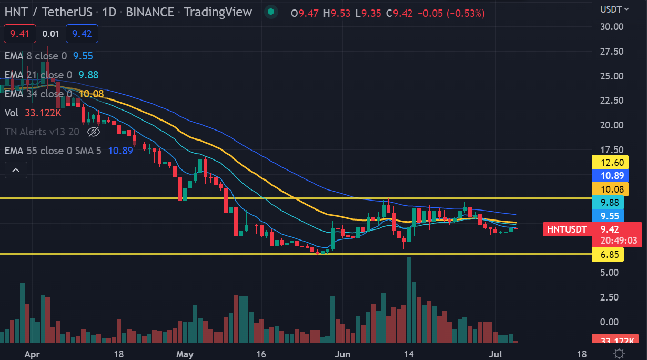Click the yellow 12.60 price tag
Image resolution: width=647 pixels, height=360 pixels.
pos(608,162)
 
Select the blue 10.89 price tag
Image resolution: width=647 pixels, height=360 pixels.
pos(608,176)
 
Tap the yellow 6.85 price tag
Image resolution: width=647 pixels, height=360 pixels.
pos(608,255)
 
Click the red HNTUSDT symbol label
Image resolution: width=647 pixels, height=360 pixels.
pos(566,229)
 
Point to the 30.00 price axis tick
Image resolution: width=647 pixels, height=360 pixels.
pos(612,26)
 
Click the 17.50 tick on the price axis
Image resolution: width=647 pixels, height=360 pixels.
pos(612,150)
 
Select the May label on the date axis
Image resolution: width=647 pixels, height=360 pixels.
pos(185,354)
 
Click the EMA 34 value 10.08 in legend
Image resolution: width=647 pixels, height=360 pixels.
pos(91,94)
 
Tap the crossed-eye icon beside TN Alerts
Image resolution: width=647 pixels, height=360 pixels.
pos(93,132)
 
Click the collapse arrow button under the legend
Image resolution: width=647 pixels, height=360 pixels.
pos(16,170)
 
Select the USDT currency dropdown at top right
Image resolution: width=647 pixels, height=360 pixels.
pos(614,9)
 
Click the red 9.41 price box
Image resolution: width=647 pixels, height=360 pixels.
pos(19,34)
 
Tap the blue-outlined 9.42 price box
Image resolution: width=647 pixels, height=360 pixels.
pos(82,34)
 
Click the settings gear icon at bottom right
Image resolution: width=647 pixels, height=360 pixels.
pos(619,354)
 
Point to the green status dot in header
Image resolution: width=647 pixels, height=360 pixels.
pos(271,12)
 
